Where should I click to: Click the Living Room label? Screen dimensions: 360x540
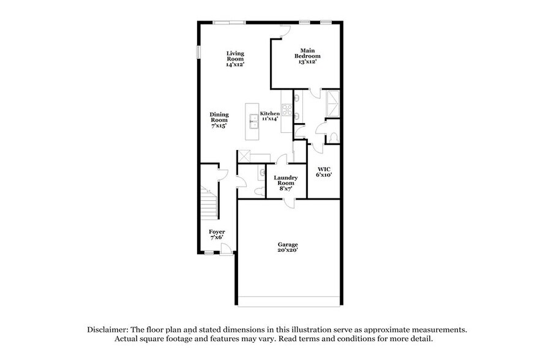point(235,58)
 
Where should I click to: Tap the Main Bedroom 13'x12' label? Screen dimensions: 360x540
point(309,56)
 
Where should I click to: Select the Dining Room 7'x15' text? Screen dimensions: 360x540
point(219,120)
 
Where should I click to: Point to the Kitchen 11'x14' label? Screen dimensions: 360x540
point(270,116)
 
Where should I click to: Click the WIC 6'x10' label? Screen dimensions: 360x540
point(323,171)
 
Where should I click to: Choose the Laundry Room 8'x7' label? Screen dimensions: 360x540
point(285,183)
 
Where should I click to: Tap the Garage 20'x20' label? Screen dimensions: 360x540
point(287,248)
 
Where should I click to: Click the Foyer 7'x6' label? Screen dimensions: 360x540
point(217,234)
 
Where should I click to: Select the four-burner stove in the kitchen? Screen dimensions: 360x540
point(285,114)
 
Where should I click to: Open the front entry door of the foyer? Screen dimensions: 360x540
point(226,249)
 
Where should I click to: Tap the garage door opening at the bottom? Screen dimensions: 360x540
point(289,301)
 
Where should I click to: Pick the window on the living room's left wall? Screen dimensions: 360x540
point(198,52)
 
